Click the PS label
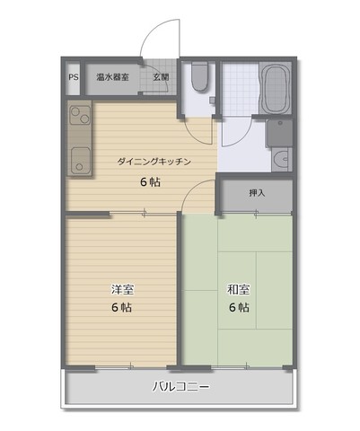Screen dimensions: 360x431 (74, 77)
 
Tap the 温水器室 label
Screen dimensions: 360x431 (112, 77)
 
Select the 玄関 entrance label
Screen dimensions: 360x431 (161, 77)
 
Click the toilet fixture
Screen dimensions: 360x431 (199, 76)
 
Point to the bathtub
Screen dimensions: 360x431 (275, 88)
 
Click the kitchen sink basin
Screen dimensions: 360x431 (80, 161)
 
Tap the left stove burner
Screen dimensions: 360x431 (75, 112)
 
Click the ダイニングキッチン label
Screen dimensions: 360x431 (154, 162)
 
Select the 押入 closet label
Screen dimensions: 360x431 (258, 193)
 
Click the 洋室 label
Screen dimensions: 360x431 (122, 289)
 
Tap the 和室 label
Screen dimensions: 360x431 (239, 289)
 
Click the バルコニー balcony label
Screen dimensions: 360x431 (180, 387)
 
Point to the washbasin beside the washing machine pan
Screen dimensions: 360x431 (281, 158)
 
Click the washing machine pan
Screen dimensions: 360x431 (280, 133)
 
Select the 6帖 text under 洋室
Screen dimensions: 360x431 (121, 307)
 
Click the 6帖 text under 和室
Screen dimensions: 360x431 (239, 307)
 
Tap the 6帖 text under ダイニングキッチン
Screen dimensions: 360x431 (150, 182)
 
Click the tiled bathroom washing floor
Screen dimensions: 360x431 (241, 89)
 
